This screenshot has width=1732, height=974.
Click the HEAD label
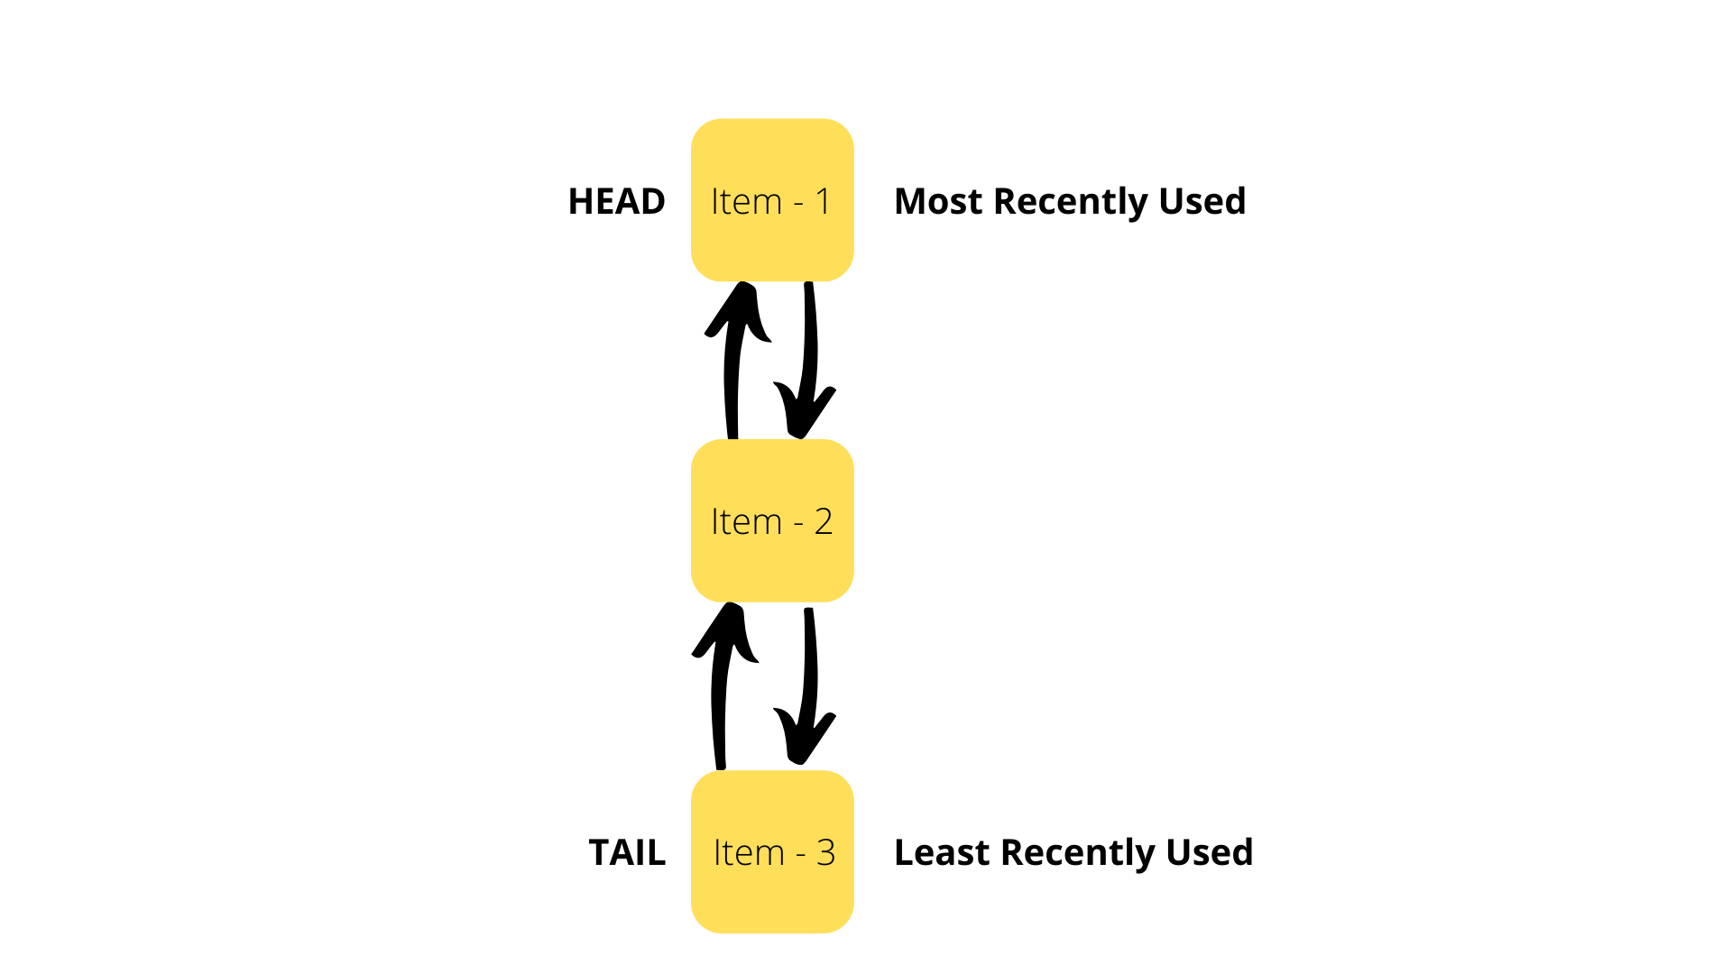click(x=616, y=201)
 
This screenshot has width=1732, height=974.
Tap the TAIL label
click(x=627, y=852)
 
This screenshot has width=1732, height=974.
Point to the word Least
click(x=942, y=852)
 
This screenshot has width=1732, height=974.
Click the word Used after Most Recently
click(x=1202, y=201)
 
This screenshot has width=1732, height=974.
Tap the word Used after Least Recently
click(x=1209, y=852)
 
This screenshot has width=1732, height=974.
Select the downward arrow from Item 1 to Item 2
click(x=809, y=361)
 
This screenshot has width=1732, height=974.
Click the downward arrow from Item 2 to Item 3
click(x=809, y=685)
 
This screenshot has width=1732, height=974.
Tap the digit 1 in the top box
click(x=823, y=201)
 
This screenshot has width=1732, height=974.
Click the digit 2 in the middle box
click(x=823, y=521)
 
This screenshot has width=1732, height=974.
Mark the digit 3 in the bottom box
click(x=825, y=852)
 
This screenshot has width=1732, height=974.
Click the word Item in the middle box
click(x=746, y=521)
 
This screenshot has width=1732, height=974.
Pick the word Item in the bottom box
click(x=749, y=852)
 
